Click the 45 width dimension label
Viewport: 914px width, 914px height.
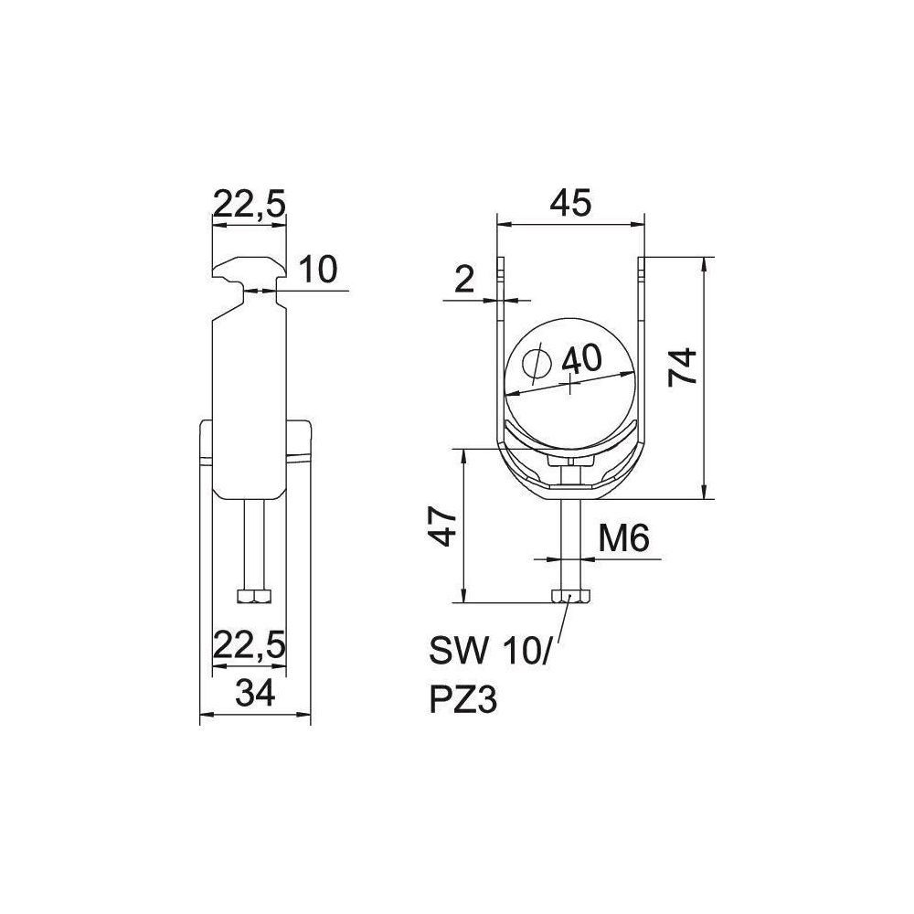pos(570,202)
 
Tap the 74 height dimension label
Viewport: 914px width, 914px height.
pos(683,367)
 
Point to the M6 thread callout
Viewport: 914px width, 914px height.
pos(623,538)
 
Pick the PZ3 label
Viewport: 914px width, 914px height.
pos(462,699)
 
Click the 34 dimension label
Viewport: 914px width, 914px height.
pos(256,694)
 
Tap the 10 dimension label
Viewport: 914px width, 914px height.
pos(318,270)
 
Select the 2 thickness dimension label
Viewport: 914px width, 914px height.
pos(464,281)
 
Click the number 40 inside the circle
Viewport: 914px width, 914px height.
pos(581,359)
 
